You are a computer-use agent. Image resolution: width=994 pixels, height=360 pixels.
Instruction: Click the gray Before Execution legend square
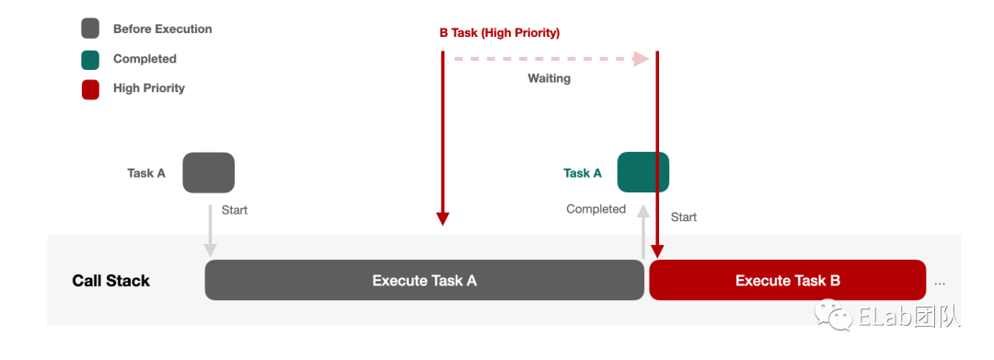point(90,29)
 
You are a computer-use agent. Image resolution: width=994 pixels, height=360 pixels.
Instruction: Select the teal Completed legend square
point(90,59)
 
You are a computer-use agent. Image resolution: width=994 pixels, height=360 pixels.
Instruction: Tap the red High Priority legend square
point(90,88)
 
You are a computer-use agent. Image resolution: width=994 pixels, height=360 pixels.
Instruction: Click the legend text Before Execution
point(162,29)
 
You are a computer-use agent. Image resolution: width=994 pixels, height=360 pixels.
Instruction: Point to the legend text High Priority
point(149,88)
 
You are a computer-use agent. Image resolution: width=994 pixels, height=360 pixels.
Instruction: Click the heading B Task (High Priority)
point(500,33)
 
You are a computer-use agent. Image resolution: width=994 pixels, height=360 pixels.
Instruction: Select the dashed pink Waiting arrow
point(551,59)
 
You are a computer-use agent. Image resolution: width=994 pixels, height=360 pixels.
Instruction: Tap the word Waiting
point(549,78)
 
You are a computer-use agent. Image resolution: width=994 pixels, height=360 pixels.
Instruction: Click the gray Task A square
point(209,172)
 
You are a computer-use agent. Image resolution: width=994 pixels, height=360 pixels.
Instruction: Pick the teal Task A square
point(643,172)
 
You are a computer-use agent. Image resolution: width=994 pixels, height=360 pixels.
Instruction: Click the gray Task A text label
point(146,173)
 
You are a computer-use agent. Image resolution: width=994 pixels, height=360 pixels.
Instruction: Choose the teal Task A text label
point(583,172)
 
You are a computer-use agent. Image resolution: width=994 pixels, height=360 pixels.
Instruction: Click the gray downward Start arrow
point(210,231)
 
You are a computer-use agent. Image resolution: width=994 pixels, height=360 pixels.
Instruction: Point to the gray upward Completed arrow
point(643,231)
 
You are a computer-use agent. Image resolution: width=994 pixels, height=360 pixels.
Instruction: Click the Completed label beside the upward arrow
point(595,209)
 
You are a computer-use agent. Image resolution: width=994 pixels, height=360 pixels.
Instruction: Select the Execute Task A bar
point(424,280)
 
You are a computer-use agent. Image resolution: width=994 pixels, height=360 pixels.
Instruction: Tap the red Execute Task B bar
point(787,280)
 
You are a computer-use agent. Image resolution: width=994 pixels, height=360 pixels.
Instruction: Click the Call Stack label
point(111,281)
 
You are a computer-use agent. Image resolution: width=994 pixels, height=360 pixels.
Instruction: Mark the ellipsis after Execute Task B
point(940,284)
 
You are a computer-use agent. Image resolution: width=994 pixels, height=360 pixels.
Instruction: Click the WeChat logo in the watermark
point(831,314)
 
